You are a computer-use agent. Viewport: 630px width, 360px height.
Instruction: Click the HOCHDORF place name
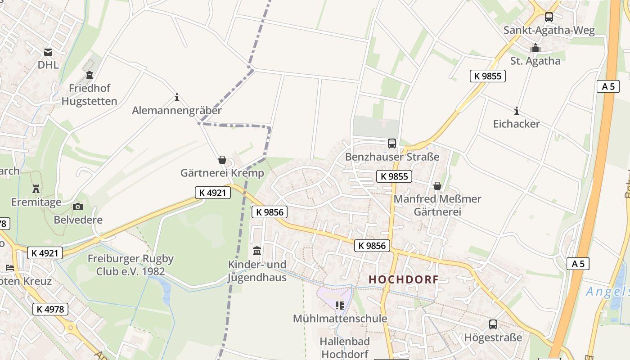coord(403,279)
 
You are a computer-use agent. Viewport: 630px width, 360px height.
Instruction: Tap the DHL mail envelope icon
coord(48,52)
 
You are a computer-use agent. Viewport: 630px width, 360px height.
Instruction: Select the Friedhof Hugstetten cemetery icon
coord(90,75)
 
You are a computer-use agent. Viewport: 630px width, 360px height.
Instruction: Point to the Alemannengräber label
coord(177,110)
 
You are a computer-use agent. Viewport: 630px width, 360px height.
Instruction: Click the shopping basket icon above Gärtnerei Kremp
coord(222,160)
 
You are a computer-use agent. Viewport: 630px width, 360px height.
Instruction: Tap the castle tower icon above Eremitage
coord(36,189)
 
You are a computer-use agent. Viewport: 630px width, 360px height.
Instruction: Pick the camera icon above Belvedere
coord(78,207)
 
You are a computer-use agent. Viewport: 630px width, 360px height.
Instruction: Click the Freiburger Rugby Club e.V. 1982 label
coord(130,265)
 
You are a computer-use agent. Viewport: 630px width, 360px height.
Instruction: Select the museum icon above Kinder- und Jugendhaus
coord(257,251)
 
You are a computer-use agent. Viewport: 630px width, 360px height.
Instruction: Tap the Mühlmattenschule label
coord(340,319)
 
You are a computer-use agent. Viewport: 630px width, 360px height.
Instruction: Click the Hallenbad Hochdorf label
coord(345,348)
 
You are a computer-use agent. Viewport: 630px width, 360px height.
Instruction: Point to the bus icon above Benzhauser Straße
coord(392,144)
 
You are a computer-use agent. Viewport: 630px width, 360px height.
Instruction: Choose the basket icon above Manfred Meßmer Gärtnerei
coord(437,185)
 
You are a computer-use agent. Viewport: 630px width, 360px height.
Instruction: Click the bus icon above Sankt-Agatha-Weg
coord(549,17)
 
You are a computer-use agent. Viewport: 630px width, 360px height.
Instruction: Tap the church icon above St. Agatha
coord(535,48)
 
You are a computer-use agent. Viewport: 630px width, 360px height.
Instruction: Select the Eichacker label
coord(516,124)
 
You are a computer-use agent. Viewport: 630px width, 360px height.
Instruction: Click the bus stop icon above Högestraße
coord(493,324)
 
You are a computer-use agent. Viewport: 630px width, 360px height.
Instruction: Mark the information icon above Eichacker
coord(517,111)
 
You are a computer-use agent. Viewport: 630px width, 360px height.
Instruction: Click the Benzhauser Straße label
coord(392,157)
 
